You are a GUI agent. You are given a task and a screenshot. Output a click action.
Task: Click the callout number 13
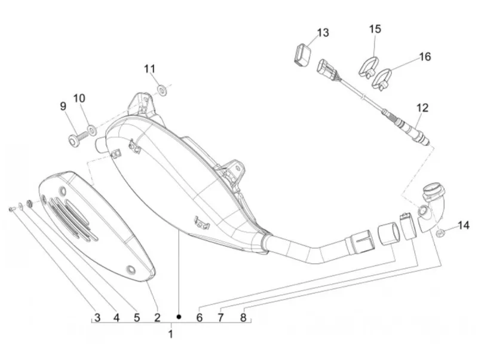tap(323, 33)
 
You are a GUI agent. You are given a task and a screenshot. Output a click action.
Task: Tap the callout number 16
tap(425, 57)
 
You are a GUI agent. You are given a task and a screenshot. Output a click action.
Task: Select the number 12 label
tap(422, 108)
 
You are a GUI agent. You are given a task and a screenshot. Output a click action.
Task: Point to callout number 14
tap(463, 226)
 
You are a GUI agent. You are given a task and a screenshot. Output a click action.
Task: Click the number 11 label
tap(150, 69)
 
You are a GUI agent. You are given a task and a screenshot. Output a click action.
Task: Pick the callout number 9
tap(63, 106)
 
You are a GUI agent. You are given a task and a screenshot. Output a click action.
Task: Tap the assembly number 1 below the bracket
tap(171, 334)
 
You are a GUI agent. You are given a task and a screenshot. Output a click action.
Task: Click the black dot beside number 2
tap(179, 317)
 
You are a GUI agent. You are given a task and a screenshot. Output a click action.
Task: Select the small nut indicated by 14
tap(440, 233)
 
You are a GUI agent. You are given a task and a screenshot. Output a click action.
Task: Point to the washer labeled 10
tap(92, 130)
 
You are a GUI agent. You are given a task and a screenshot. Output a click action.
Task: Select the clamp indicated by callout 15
tap(369, 67)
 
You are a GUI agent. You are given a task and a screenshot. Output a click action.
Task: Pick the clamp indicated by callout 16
tap(382, 80)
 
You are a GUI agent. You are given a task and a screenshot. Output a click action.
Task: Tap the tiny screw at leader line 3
tap(12, 209)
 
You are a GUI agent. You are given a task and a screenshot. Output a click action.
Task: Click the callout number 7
tap(220, 318)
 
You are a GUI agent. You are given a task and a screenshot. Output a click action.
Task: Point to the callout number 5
tap(137, 318)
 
